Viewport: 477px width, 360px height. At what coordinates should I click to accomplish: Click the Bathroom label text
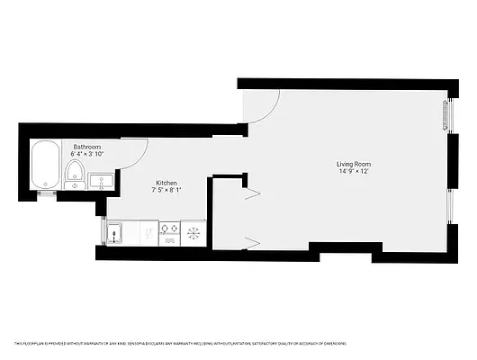(86, 147)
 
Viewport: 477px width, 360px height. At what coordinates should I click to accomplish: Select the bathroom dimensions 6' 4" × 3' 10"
(86, 154)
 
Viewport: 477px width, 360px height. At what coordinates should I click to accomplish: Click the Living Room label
(353, 164)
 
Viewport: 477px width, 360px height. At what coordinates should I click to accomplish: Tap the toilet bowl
(76, 171)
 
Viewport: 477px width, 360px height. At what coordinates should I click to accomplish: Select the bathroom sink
(101, 181)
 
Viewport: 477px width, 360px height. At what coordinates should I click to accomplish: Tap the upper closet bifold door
(252, 193)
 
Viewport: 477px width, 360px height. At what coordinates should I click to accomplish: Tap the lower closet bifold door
(252, 241)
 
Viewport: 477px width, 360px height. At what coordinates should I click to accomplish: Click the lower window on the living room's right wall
(449, 216)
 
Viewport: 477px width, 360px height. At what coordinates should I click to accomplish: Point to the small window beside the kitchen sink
(103, 233)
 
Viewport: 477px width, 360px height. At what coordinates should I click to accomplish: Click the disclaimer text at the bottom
(180, 343)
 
